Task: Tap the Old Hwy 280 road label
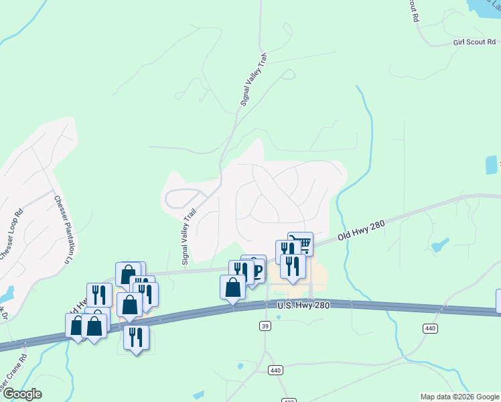(x=361, y=230)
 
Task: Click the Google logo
(x=21, y=394)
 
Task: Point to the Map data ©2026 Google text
(x=459, y=397)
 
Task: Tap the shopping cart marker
(x=301, y=243)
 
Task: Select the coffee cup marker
(x=254, y=265)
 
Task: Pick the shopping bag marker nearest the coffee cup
(x=232, y=286)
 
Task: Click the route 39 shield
(x=265, y=325)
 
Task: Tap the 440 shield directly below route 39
(x=275, y=370)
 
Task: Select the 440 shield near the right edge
(x=429, y=328)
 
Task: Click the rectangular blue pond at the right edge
(x=492, y=165)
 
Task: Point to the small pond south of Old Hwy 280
(x=440, y=245)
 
